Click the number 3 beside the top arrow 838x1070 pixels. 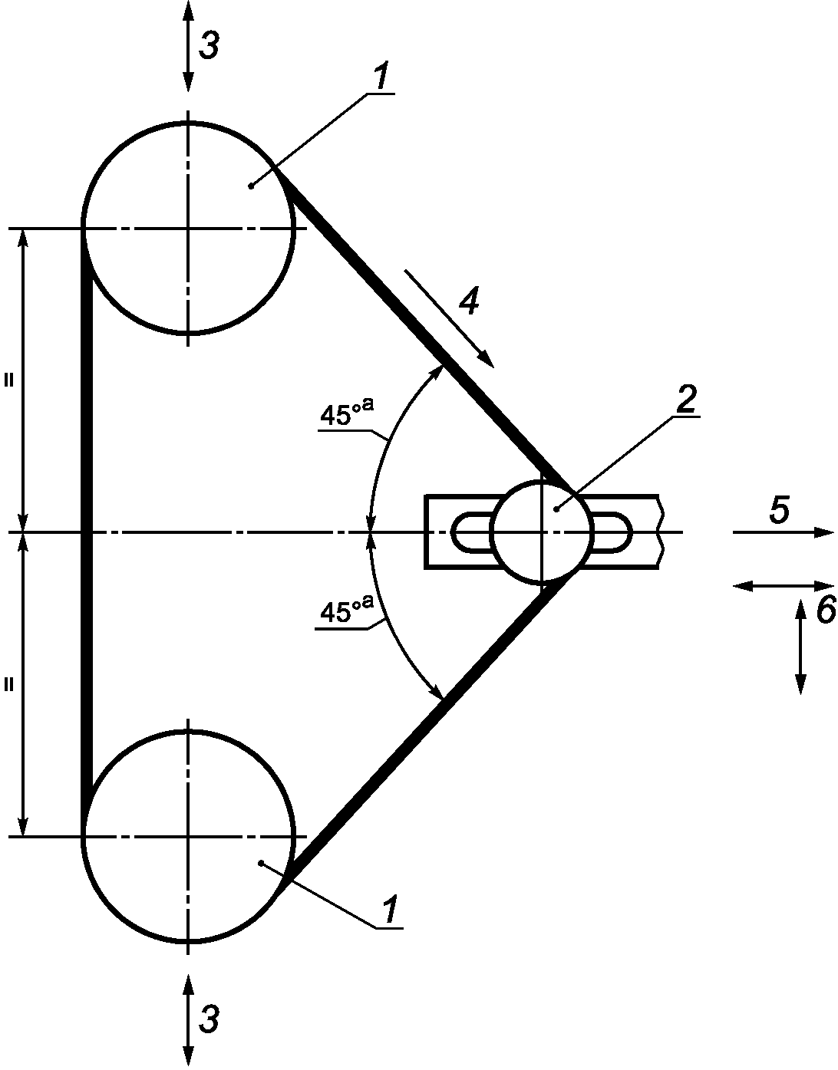tap(209, 47)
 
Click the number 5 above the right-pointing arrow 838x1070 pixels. tap(779, 509)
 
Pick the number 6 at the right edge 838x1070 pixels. tap(826, 609)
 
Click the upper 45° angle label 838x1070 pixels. tap(347, 413)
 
